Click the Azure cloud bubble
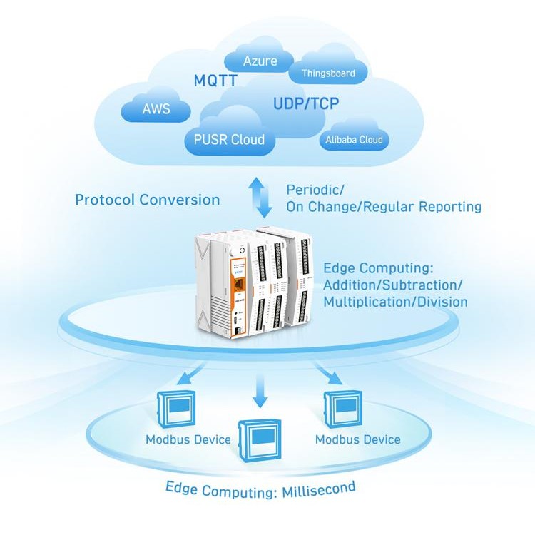tap(260, 61)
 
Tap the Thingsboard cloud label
tap(328, 73)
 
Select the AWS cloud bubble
tap(156, 109)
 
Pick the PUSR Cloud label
tap(229, 139)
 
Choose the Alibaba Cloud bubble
tap(354, 140)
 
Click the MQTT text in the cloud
tap(215, 81)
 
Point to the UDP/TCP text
tap(306, 104)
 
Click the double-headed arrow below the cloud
tap(265, 198)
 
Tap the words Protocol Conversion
tap(148, 200)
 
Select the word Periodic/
tap(315, 190)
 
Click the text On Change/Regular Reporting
tap(384, 207)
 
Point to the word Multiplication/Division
tap(395, 302)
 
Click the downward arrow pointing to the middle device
tap(260, 392)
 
